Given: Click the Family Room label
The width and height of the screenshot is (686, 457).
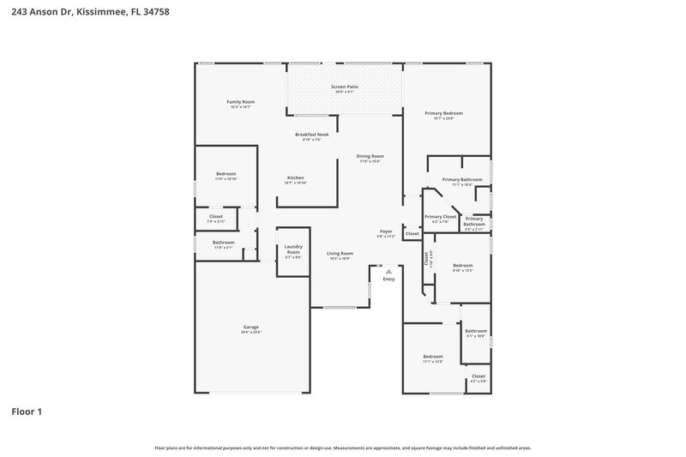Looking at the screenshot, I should point(240,102).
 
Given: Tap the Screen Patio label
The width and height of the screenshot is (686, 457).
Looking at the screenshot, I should point(345,87).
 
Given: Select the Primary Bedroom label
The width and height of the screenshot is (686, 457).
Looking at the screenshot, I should point(444,113).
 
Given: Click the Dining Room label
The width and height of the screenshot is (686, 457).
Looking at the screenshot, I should point(370,156).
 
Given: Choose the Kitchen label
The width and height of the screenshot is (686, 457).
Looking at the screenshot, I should point(295,177).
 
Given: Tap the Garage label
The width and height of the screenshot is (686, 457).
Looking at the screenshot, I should point(250,327).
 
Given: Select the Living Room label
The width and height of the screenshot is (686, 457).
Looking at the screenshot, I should point(340,254).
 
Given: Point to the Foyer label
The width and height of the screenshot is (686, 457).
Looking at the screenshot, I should point(386,232).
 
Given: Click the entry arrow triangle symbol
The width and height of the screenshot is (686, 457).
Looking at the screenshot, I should point(388,271).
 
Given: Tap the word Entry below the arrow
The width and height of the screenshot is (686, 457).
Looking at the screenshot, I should point(388,279).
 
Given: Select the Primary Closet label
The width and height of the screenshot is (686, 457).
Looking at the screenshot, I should point(440,217).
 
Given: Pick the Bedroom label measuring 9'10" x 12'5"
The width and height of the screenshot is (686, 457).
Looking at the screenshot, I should point(462,266).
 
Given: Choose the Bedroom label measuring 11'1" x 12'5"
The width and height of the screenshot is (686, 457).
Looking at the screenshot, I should point(432,357).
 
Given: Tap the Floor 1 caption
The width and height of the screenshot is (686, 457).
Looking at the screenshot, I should point(27,412).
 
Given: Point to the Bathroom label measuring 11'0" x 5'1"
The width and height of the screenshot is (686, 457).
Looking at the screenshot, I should point(224,243).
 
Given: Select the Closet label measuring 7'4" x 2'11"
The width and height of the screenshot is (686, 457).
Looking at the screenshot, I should point(216,217).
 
